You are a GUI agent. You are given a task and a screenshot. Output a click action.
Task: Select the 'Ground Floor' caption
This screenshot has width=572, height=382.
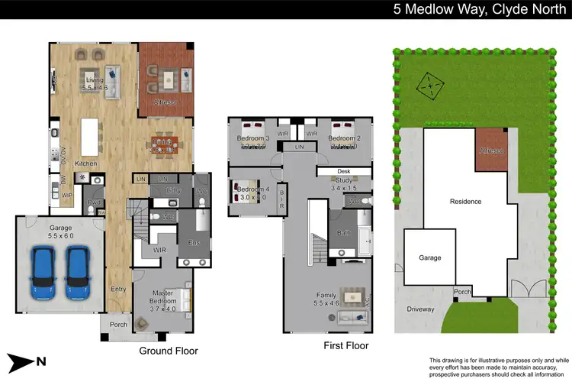169,351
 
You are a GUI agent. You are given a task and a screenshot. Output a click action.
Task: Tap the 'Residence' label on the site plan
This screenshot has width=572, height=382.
465,202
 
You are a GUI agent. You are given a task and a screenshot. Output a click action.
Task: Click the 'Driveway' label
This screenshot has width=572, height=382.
419,309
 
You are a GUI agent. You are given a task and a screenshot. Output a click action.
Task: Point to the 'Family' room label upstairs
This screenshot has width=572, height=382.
326,295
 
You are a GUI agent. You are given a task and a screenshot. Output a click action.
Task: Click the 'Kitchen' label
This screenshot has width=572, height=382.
85,164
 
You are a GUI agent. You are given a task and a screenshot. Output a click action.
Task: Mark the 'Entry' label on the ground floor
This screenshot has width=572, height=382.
117,289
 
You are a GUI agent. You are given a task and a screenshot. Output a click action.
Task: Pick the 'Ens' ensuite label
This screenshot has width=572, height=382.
194,243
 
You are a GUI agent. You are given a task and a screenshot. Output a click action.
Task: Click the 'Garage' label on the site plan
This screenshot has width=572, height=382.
430,257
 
